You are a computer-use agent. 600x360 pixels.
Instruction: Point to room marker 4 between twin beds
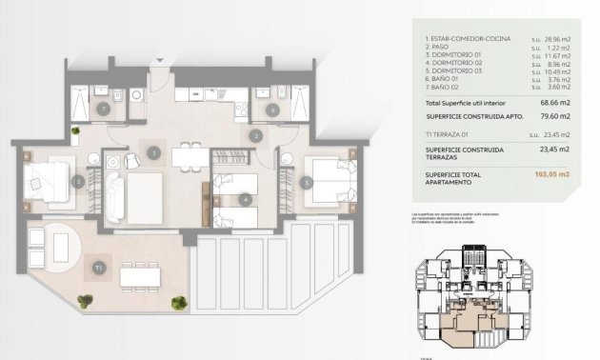pyautogui.click(x=245, y=199)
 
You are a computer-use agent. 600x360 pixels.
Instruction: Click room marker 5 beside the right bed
pyautogui.click(x=307, y=181)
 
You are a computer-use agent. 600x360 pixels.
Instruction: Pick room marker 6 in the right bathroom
pyautogui.click(x=272, y=110)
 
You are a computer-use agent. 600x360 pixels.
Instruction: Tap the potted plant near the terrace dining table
pyautogui.click(x=178, y=304)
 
